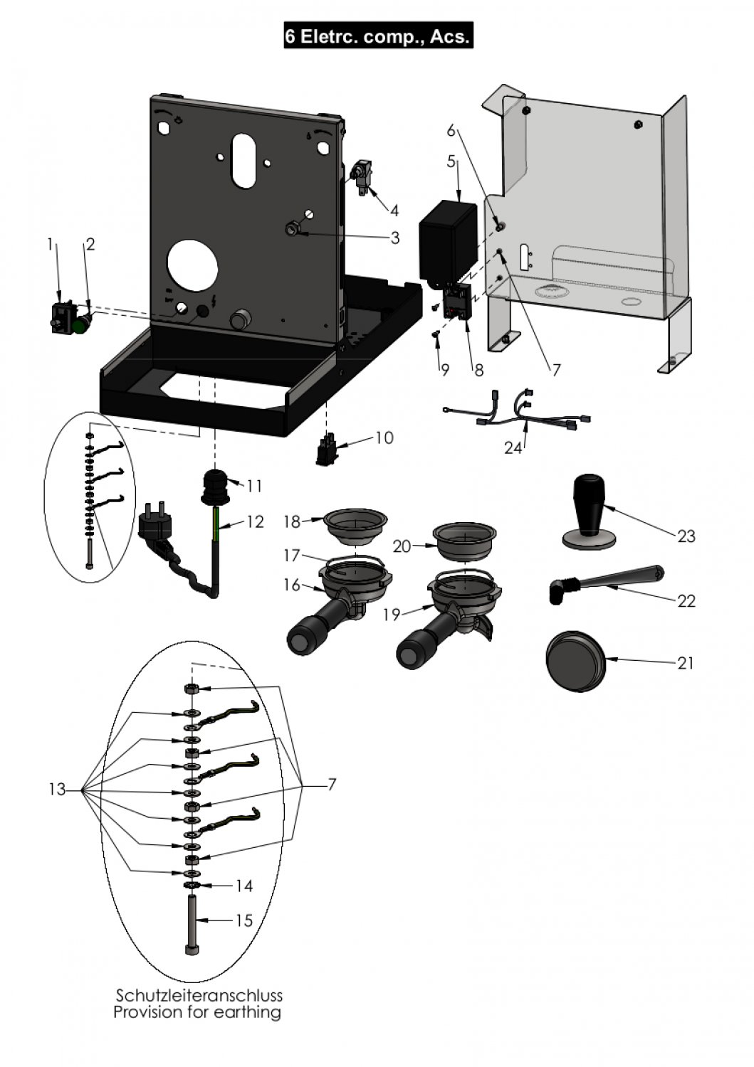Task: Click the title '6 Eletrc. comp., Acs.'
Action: pos(378,36)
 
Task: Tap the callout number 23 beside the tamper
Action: pos(686,536)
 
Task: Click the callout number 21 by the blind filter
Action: pos(686,663)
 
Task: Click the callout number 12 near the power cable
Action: pos(255,522)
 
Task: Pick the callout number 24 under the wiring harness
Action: pos(513,448)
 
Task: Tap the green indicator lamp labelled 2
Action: pos(81,325)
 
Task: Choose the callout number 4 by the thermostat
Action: pos(394,210)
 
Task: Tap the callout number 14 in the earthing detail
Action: pos(243,886)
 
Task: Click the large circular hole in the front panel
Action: pos(193,265)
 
